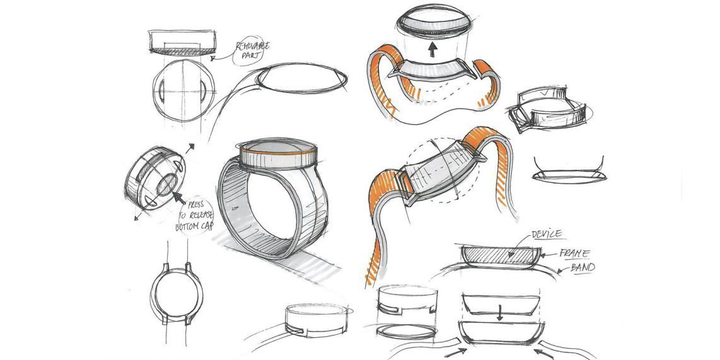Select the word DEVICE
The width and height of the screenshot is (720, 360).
click(546, 234)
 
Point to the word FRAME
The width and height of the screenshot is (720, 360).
click(574, 253)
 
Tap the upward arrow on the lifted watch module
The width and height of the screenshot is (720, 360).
click(433, 50)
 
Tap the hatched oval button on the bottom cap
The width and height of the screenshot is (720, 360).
click(166, 187)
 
